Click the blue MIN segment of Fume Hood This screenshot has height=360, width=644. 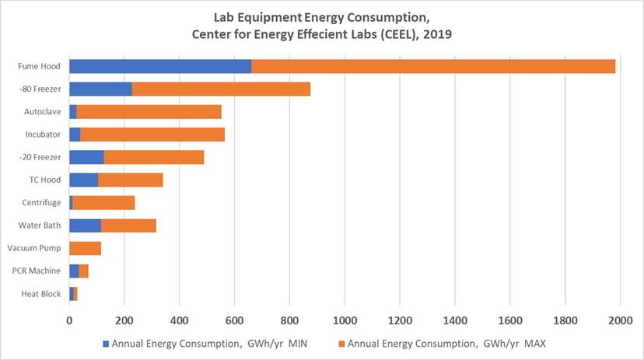click(160, 66)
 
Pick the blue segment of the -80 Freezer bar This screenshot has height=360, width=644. click(100, 89)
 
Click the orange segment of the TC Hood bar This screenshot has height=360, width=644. click(130, 180)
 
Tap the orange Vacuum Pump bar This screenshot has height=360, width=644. click(86, 248)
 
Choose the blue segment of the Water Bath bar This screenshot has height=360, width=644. click(85, 225)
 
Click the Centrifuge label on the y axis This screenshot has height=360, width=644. click(43, 203)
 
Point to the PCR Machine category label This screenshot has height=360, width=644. click(39, 271)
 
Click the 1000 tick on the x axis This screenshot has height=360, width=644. click(345, 320)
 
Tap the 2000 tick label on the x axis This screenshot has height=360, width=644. click(620, 320)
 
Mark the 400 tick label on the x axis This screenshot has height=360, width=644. click(179, 320)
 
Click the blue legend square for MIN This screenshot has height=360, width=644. click(106, 343)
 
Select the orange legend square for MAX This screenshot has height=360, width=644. click(341, 343)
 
